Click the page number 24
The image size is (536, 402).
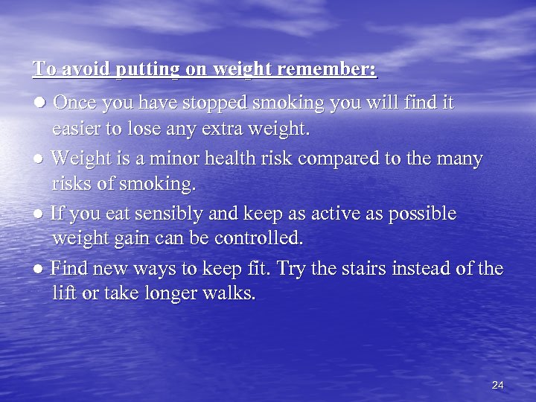click(498, 385)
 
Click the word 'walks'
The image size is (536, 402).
click(233, 293)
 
